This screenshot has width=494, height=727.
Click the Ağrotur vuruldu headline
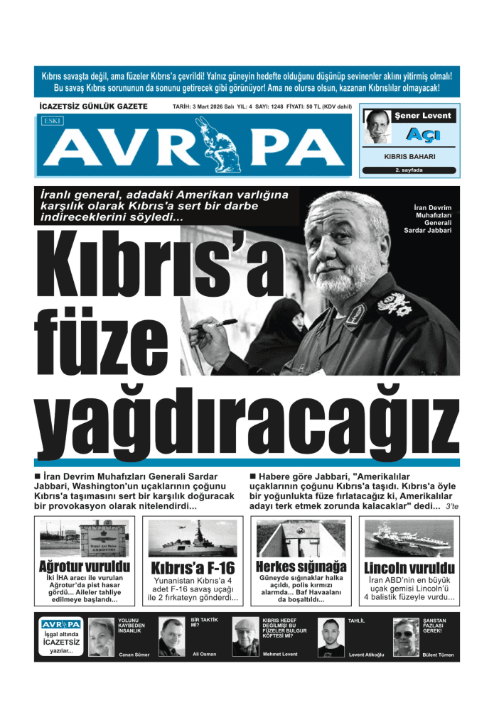click(x=85, y=567)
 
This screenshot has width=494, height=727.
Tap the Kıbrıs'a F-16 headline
click(x=193, y=569)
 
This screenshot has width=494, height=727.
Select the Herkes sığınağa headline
click(x=301, y=567)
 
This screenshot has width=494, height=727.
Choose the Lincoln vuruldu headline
click(x=409, y=569)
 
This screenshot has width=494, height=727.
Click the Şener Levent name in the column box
click(x=422, y=115)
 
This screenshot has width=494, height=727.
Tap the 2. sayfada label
click(x=409, y=170)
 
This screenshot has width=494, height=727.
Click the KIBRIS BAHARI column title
click(x=409, y=156)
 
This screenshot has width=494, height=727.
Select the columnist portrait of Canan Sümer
click(x=101, y=637)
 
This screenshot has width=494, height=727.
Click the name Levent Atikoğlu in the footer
click(x=366, y=655)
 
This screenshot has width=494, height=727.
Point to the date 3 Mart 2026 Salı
click(x=203, y=106)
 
